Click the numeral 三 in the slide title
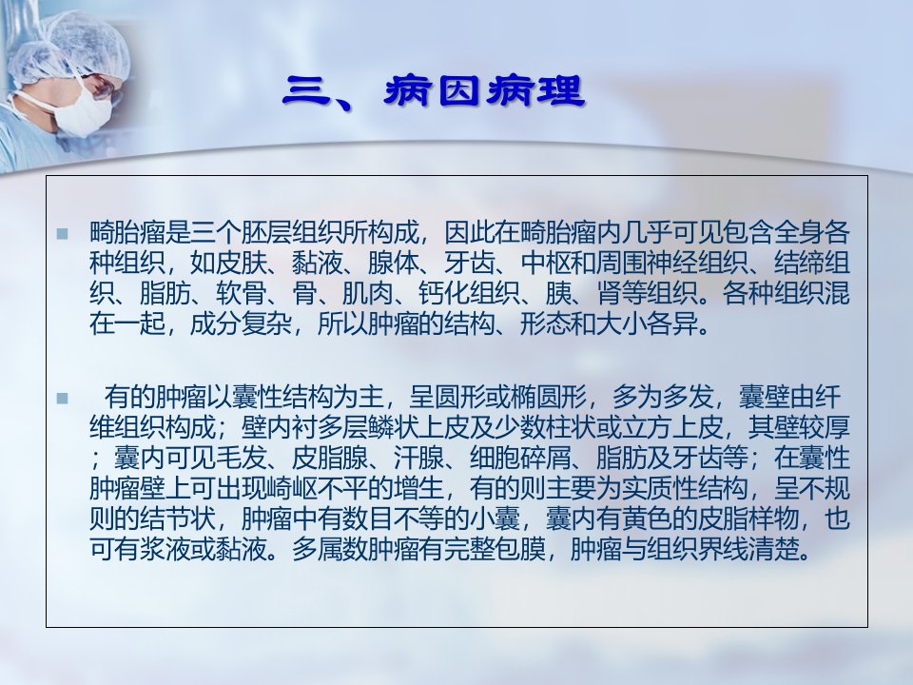308,91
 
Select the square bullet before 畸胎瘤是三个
63,234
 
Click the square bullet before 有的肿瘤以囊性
63,399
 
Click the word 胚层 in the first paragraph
266,233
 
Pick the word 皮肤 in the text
241,264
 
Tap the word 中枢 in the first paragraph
546,264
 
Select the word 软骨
241,294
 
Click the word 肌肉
368,294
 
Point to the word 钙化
444,294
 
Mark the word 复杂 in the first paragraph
266,323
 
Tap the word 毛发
241,458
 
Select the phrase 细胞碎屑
520,458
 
